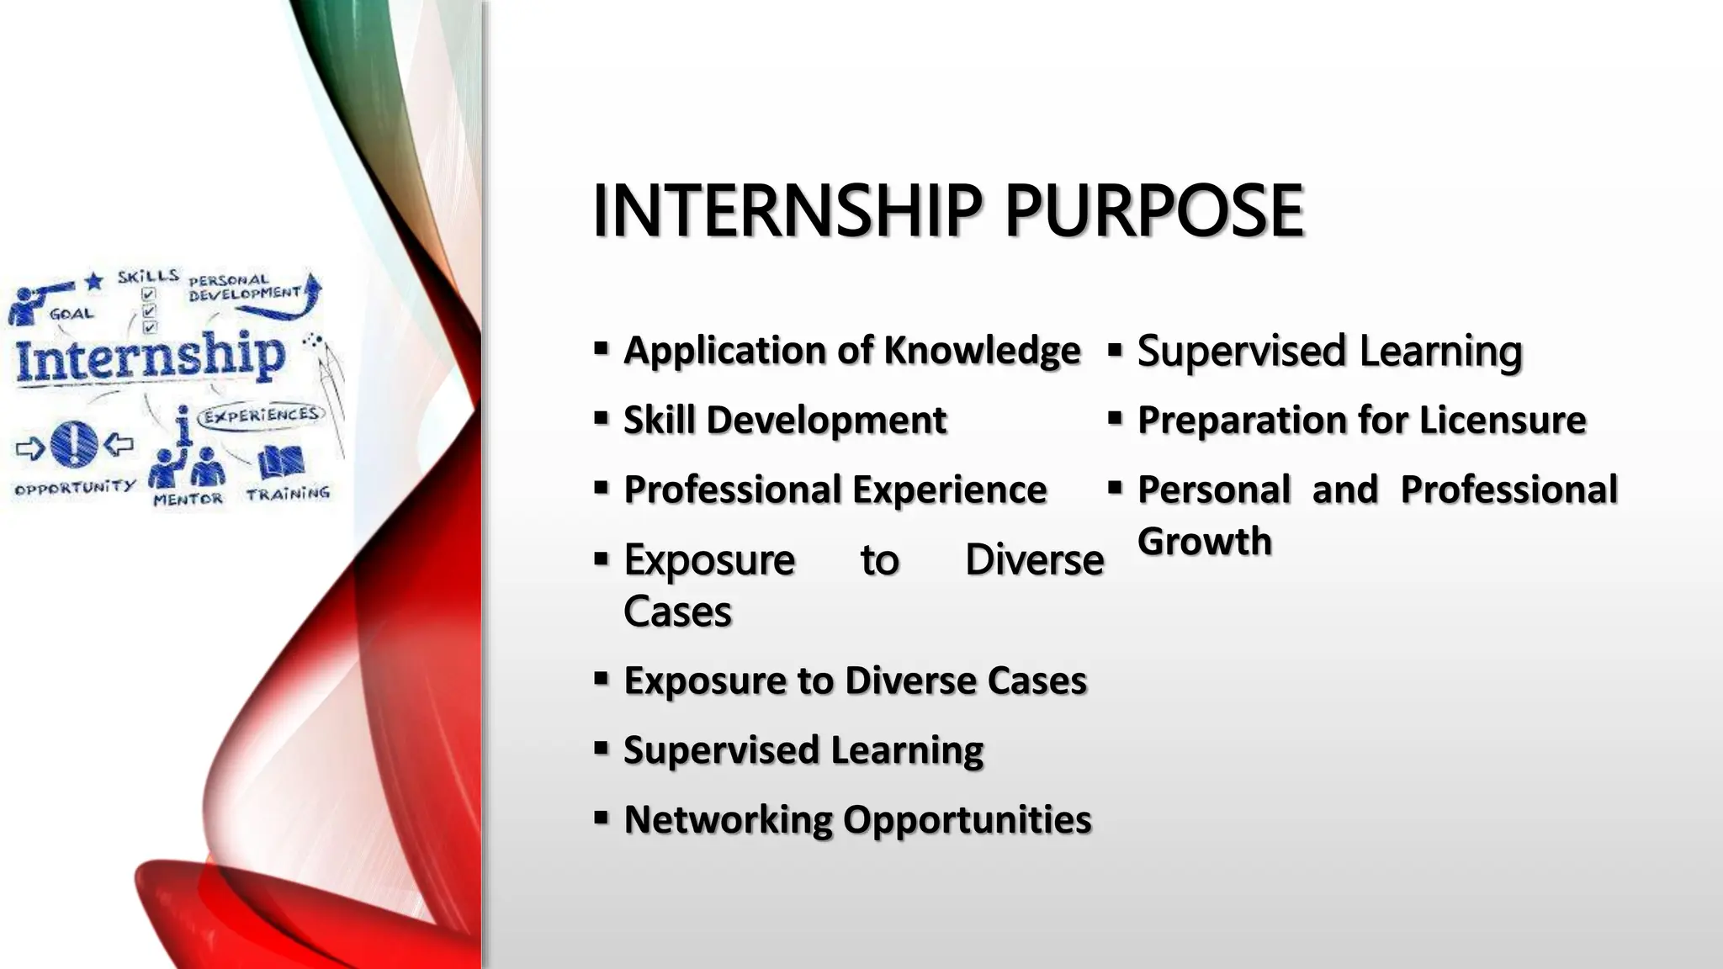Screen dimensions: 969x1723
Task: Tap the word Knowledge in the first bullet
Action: [982, 350]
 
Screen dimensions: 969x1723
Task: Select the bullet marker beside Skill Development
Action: [601, 417]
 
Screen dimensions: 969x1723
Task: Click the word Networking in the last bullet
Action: [728, 819]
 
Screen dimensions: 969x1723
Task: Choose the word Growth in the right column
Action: [1204, 541]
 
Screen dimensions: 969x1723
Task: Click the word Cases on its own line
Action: [677, 612]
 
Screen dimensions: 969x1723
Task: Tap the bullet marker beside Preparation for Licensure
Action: [1116, 417]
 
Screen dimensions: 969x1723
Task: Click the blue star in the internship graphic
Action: [94, 281]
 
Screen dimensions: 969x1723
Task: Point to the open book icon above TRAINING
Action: [280, 462]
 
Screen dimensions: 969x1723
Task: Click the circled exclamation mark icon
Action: [74, 443]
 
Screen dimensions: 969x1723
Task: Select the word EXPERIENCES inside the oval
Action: [262, 415]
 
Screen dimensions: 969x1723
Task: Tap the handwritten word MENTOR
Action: [188, 500]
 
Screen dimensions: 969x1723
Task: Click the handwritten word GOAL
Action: [72, 314]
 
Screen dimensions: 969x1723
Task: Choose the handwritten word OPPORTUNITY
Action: [74, 487]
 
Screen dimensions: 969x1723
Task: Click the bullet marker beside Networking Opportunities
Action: [601, 817]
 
